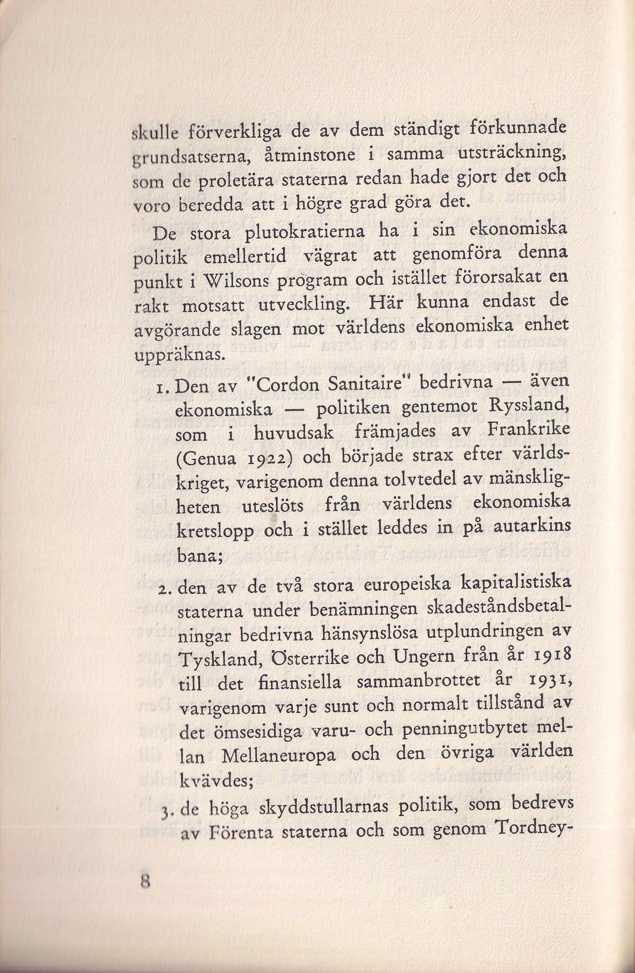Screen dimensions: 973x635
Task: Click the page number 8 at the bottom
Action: tap(144, 882)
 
